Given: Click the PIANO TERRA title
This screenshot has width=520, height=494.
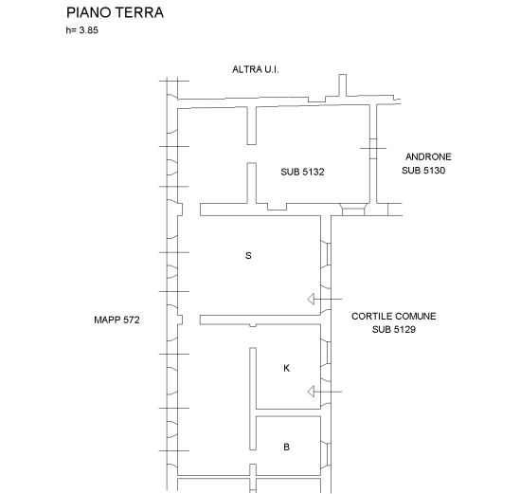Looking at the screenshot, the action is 115,12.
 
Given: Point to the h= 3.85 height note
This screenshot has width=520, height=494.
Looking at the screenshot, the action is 81,30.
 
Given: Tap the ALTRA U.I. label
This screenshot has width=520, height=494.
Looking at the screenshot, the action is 256,69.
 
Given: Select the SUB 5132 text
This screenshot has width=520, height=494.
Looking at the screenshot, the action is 302,172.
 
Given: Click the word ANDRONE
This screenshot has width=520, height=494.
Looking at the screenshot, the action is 428,156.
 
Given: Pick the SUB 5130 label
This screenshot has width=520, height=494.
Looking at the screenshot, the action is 423,171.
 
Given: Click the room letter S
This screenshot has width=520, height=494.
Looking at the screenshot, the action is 248,256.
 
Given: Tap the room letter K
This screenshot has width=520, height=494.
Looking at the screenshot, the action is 287,368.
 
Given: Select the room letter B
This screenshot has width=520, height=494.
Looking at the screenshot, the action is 287,447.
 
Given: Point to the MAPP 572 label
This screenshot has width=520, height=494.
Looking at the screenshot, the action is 117,320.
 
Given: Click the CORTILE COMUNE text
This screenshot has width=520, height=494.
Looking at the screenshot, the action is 394,316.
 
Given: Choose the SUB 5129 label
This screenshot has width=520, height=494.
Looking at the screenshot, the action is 394,329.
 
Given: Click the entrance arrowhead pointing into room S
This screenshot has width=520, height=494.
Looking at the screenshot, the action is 311,299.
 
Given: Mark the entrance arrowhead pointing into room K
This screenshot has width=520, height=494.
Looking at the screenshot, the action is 311,392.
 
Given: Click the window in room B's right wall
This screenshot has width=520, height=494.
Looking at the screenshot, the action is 328,454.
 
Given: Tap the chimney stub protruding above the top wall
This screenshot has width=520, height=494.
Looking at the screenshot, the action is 343,85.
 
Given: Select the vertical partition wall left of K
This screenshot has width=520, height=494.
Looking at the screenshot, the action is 253,399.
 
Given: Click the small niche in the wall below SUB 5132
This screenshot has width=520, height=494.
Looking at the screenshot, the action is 277,207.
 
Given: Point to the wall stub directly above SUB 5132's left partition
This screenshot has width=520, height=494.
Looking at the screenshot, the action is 252,125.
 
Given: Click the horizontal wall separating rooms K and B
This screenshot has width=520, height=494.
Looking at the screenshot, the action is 288,412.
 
